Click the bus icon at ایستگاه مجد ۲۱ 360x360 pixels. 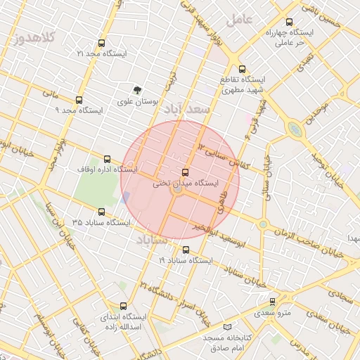click(x=102, y=44)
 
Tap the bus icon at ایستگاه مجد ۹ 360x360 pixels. click(x=79, y=101)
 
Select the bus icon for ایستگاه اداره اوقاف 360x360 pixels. click(x=108, y=159)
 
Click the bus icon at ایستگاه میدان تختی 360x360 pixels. click(x=186, y=172)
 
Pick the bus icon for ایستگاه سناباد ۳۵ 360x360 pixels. click(x=102, y=212)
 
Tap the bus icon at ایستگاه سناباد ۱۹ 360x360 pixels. click(x=186, y=250)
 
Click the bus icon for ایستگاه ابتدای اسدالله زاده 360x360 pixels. click(x=124, y=306)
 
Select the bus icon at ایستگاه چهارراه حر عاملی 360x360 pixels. click(x=290, y=22)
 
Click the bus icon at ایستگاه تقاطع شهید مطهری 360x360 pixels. click(x=243, y=69)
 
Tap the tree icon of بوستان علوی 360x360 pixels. click(x=137, y=90)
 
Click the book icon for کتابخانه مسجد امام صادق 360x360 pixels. click(x=226, y=327)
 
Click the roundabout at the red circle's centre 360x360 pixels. click(x=179, y=190)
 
